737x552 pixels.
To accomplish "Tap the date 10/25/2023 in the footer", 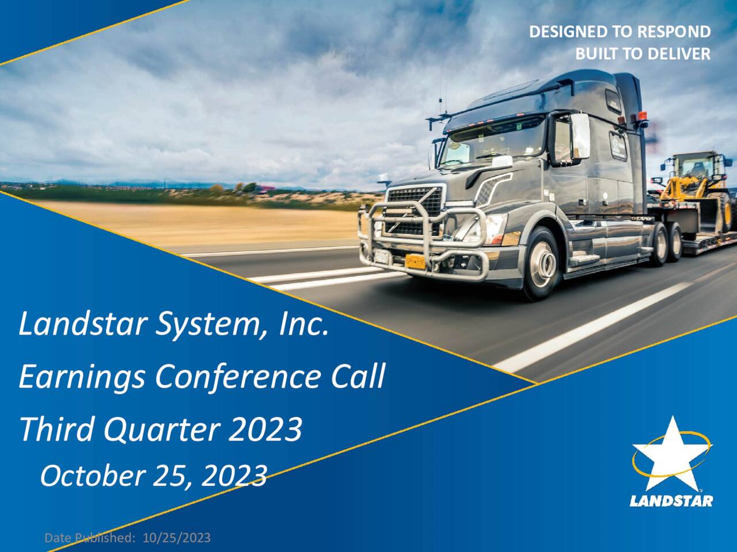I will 177,538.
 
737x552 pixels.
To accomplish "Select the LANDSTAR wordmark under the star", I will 671,501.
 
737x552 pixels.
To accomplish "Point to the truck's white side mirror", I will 579,136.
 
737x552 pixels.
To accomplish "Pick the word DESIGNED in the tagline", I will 568,32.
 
